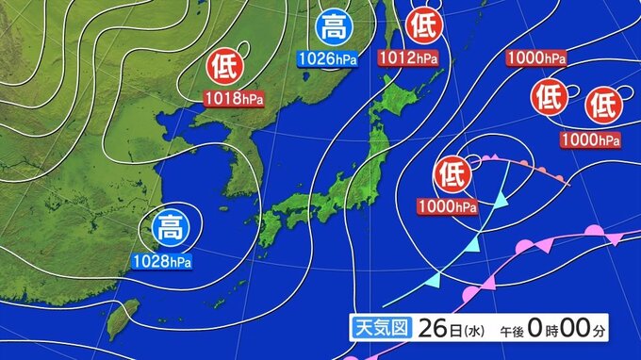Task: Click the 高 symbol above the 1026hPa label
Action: [334, 27]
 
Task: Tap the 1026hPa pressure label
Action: [327, 58]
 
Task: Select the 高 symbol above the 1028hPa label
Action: [171, 228]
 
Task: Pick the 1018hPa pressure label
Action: [233, 96]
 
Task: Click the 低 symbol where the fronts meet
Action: [452, 174]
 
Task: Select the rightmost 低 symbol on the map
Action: [600, 107]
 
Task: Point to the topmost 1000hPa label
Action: [535, 58]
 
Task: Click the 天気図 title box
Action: [379, 328]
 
